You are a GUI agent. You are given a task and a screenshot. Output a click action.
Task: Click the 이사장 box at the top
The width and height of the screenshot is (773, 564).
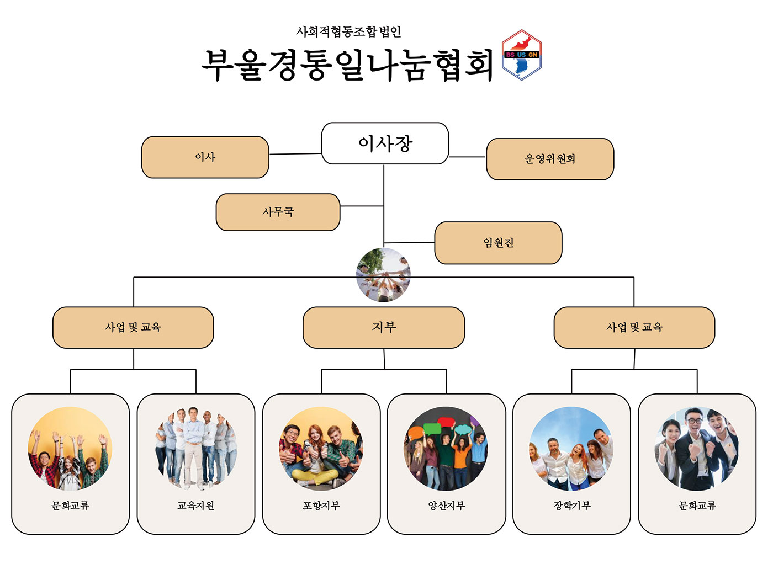click(x=385, y=143)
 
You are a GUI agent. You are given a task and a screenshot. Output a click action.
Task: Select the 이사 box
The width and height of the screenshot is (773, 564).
click(x=205, y=157)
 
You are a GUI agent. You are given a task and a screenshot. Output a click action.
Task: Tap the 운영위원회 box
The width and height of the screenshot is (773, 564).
click(x=549, y=159)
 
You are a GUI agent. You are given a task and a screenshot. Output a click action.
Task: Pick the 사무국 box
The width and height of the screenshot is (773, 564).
click(x=278, y=212)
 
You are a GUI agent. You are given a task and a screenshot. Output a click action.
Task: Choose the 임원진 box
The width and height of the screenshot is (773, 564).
click(x=498, y=243)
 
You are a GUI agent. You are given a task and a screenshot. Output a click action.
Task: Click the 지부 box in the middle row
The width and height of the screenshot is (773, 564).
click(x=384, y=327)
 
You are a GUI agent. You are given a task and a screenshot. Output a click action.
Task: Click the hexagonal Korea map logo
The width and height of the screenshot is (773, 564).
click(x=521, y=55)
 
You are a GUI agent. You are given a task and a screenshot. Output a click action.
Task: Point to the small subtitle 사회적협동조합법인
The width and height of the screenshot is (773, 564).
click(x=348, y=32)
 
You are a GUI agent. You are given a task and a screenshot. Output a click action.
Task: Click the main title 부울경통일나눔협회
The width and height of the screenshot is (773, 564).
click(x=348, y=65)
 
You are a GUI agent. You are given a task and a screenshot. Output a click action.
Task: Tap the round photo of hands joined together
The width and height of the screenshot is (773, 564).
click(x=384, y=275)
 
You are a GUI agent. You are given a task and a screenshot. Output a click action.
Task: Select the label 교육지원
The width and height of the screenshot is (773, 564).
click(x=195, y=506)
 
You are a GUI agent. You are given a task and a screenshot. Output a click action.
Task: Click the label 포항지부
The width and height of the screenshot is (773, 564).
click(x=321, y=506)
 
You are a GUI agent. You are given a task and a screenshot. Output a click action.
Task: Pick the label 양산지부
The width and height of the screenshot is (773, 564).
click(x=446, y=506)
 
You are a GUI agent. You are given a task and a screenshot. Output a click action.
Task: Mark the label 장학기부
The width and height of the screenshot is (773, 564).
click(x=571, y=506)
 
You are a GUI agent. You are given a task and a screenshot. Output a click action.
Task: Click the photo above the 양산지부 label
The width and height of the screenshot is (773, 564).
click(x=446, y=449)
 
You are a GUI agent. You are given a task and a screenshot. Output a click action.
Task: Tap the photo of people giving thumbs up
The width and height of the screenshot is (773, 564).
click(x=321, y=449)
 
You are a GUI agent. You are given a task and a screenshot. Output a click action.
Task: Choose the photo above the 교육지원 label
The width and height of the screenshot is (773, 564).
click(x=195, y=449)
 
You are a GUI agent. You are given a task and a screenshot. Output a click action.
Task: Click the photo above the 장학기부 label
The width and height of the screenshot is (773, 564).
click(x=571, y=449)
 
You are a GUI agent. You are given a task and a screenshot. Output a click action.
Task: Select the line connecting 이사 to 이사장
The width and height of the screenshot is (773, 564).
click(x=295, y=154)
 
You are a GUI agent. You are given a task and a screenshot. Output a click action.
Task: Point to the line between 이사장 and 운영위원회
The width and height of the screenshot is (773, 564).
click(x=467, y=157)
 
